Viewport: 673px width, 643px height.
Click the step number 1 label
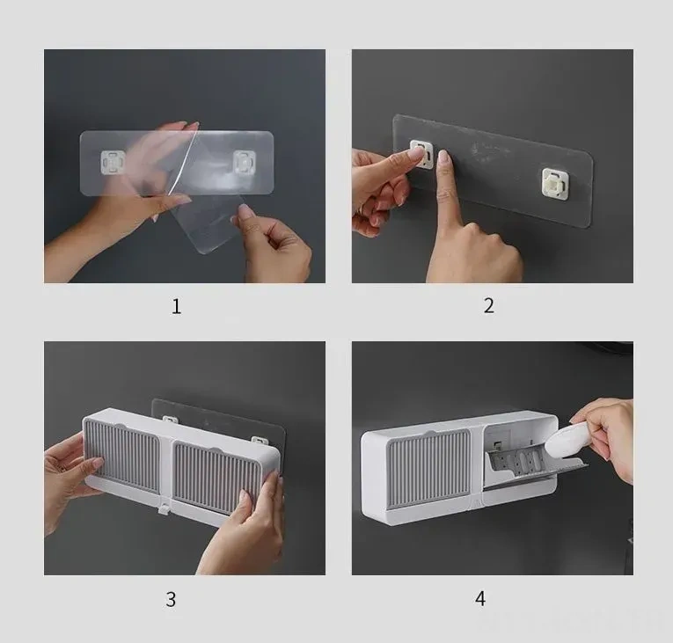pyautogui.click(x=177, y=306)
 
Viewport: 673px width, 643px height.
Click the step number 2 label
pyautogui.click(x=489, y=305)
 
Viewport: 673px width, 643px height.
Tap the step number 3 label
pyautogui.click(x=171, y=599)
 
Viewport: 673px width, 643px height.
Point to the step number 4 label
pyautogui.click(x=480, y=598)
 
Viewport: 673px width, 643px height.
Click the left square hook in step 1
pyautogui.click(x=113, y=162)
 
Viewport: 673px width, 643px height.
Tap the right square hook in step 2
pyautogui.click(x=557, y=183)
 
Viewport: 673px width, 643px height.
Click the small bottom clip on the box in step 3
pyautogui.click(x=163, y=509)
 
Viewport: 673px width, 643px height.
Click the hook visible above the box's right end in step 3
pyautogui.click(x=260, y=441)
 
